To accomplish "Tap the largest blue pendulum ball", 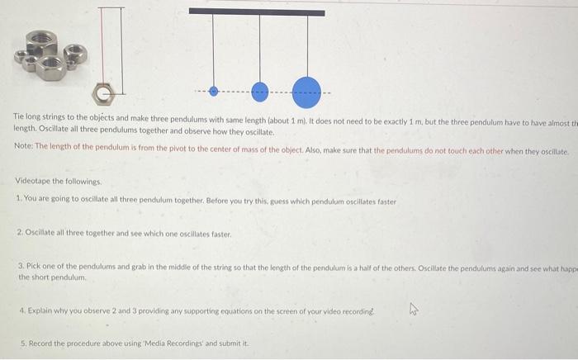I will [x=307, y=89].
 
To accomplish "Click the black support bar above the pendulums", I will [x=257, y=12].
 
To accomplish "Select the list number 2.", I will [x=19, y=234].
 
